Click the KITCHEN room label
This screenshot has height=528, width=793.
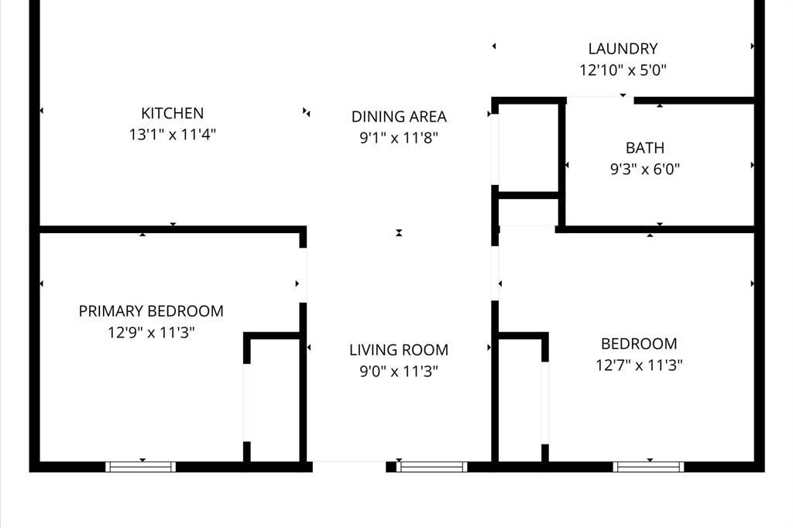click(173, 113)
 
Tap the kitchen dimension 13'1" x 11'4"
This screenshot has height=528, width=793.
click(173, 135)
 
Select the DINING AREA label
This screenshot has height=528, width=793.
click(399, 116)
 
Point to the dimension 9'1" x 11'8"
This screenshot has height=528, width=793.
click(399, 138)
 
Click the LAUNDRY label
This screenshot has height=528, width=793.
click(623, 49)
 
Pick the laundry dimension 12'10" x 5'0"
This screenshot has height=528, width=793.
click(623, 70)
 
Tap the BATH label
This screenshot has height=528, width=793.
click(645, 148)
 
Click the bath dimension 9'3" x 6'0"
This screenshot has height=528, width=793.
click(645, 169)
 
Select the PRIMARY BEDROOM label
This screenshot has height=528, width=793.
click(151, 311)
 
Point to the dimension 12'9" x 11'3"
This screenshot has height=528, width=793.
click(151, 332)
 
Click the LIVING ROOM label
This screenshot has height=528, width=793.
click(399, 350)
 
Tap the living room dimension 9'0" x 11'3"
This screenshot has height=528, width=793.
click(399, 371)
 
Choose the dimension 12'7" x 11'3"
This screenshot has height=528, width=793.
click(639, 365)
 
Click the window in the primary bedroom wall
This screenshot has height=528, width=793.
click(141, 467)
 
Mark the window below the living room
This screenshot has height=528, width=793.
click(432, 467)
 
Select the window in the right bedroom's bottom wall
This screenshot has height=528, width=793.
click(648, 467)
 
